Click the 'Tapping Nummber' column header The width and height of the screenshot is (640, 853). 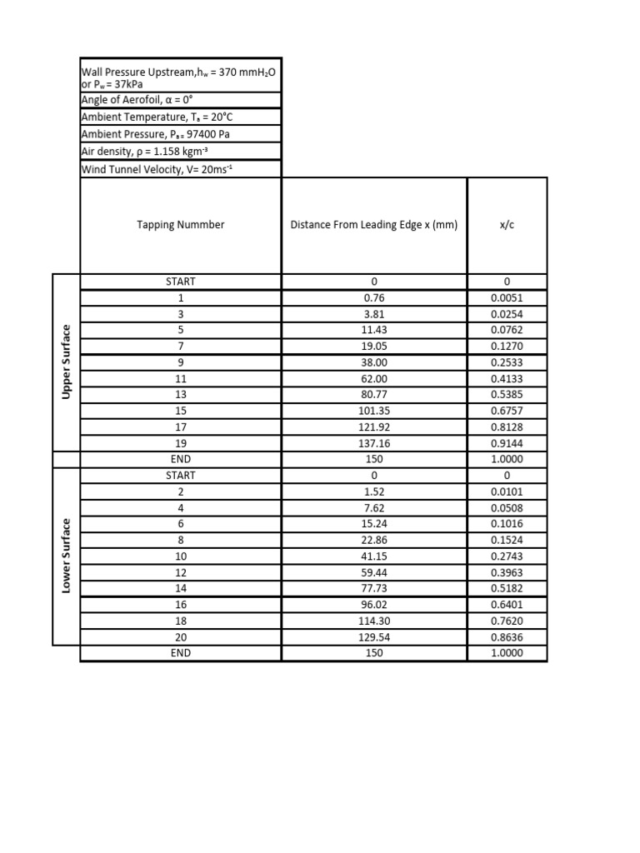[x=181, y=225]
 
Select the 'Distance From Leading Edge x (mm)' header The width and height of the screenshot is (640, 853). [x=374, y=225]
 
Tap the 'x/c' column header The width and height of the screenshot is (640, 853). [x=507, y=225]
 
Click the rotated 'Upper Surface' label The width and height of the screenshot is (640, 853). [x=66, y=362]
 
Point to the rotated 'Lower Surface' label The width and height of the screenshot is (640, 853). [x=66, y=556]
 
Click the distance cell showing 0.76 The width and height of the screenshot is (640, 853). [x=374, y=297]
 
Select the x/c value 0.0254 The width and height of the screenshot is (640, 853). [x=507, y=314]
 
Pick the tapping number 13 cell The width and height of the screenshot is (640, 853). [x=181, y=395]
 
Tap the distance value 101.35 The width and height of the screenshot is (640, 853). [x=374, y=411]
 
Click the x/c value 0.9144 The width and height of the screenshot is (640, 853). [x=507, y=443]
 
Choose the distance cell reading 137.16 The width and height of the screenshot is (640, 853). [x=374, y=443]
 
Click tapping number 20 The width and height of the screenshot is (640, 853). [x=181, y=637]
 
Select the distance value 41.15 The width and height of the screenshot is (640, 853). [x=374, y=556]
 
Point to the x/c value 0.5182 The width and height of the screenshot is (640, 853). [x=507, y=589]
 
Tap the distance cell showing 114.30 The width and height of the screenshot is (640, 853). [x=374, y=621]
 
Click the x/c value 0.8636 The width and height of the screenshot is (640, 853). [x=507, y=637]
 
